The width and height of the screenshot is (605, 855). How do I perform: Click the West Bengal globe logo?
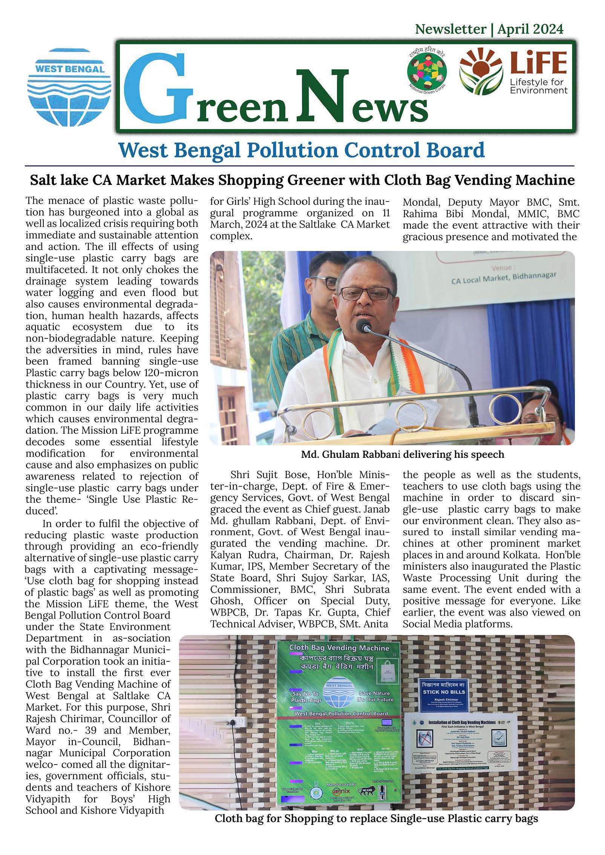click(x=69, y=87)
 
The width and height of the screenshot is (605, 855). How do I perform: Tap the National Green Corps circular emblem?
click(x=427, y=72)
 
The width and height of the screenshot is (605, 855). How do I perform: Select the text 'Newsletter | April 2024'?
click(x=489, y=29)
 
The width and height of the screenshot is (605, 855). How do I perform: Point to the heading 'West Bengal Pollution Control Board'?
click(x=302, y=150)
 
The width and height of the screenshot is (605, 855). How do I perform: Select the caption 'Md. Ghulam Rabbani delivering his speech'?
click(x=402, y=454)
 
